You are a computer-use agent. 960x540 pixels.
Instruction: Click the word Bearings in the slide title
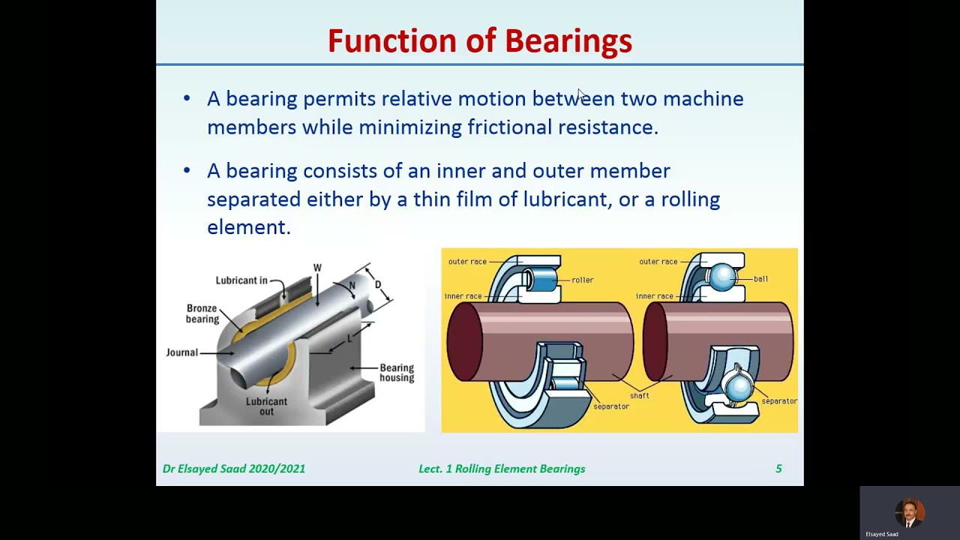(x=568, y=41)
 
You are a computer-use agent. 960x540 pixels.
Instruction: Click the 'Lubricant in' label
(x=241, y=280)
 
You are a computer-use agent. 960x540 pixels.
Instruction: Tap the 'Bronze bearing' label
(x=202, y=313)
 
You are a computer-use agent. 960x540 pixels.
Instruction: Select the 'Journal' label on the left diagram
(x=181, y=352)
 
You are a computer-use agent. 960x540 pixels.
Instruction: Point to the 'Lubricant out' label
(x=266, y=406)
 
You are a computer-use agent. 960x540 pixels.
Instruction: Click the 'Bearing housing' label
(x=397, y=373)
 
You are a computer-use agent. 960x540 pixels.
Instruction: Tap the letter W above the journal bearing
(x=317, y=268)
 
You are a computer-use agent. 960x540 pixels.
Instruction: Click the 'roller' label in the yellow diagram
(x=582, y=280)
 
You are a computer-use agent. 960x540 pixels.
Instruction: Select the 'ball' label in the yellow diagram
(x=760, y=279)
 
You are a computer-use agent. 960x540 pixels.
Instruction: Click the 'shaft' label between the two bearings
(x=640, y=395)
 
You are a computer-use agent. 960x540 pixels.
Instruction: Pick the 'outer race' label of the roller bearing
(x=467, y=262)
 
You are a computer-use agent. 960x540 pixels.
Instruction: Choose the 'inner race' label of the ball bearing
(x=654, y=296)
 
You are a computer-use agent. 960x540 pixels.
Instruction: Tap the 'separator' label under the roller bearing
(x=610, y=406)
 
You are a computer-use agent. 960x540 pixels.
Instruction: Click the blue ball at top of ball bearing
(x=721, y=277)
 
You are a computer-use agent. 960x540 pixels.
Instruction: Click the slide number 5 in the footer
(x=778, y=469)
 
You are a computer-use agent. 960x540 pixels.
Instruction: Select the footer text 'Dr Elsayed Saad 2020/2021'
(x=234, y=469)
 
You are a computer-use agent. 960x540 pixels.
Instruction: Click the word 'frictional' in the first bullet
(x=509, y=127)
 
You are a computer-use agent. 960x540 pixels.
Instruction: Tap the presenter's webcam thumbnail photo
(x=910, y=512)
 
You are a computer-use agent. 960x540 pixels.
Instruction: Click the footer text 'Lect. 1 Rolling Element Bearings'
(x=502, y=469)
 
